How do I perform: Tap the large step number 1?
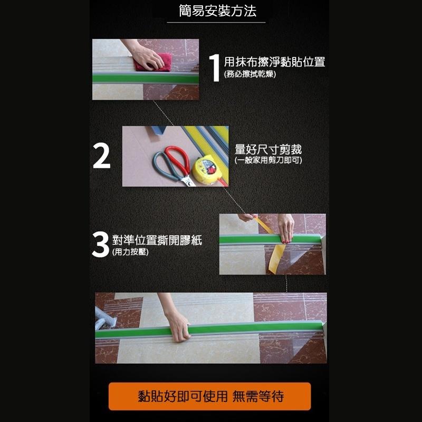(214, 68)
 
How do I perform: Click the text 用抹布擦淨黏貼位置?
(274, 62)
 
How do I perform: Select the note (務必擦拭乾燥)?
(250, 74)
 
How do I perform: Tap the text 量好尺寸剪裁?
(268, 149)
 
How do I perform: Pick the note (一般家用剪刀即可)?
(268, 160)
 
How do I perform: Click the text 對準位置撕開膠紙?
(157, 241)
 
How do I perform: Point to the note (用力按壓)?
(130, 252)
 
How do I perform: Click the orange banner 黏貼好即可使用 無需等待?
(210, 396)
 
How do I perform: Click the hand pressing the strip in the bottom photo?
(178, 327)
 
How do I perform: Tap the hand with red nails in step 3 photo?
(286, 229)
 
